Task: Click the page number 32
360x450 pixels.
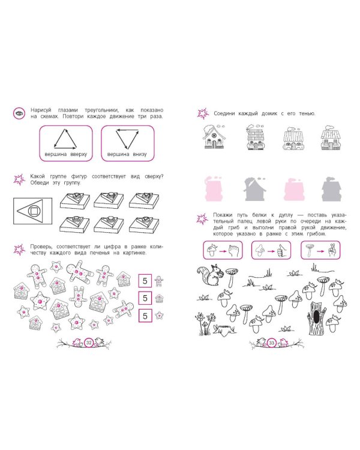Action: point(89,343)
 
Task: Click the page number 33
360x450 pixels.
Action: point(272,343)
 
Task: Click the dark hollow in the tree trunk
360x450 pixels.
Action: point(316,317)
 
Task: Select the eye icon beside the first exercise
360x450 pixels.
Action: point(19,113)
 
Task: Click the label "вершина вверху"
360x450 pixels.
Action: point(66,154)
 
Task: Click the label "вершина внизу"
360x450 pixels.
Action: point(127,154)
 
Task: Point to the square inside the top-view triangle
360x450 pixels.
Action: point(34,212)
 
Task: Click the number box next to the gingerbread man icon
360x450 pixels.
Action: point(145,281)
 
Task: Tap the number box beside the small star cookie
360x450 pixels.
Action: point(145,316)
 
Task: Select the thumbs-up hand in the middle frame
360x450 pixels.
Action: point(281,251)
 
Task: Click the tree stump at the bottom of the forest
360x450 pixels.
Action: point(224,331)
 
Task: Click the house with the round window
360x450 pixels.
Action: point(214,137)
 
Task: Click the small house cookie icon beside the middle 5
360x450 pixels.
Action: point(159,298)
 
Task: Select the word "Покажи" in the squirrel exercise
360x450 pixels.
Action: point(223,215)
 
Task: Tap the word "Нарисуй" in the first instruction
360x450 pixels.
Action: point(41,110)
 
